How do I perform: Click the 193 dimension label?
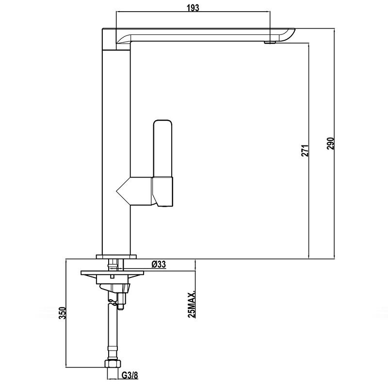[193, 8]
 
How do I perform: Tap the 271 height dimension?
[305, 150]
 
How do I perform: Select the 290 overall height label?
[331, 144]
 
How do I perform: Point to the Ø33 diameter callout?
[159, 264]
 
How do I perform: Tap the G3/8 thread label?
[130, 375]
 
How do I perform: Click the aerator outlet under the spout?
[270, 42]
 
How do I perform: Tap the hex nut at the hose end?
[113, 363]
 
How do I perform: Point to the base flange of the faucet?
[116, 257]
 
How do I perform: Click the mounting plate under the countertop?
[113, 273]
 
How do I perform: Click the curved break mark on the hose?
[113, 302]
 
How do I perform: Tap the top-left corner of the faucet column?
[102, 29]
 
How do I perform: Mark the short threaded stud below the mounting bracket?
[121, 301]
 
